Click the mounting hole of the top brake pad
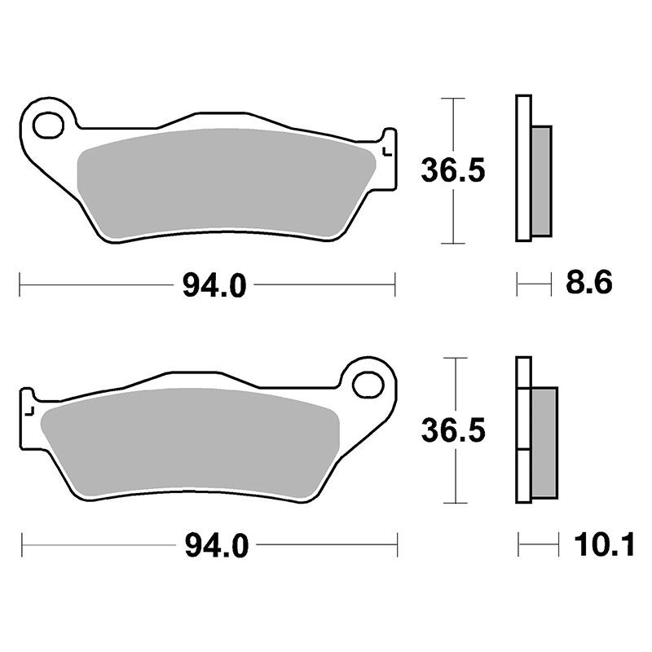click(49, 125)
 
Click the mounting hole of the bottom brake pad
click(368, 385)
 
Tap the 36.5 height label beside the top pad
click(453, 171)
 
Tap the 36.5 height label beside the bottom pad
click(453, 430)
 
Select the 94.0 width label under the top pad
click(214, 286)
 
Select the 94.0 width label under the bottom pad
click(217, 545)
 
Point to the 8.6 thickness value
click(588, 282)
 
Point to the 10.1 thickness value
click(605, 544)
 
